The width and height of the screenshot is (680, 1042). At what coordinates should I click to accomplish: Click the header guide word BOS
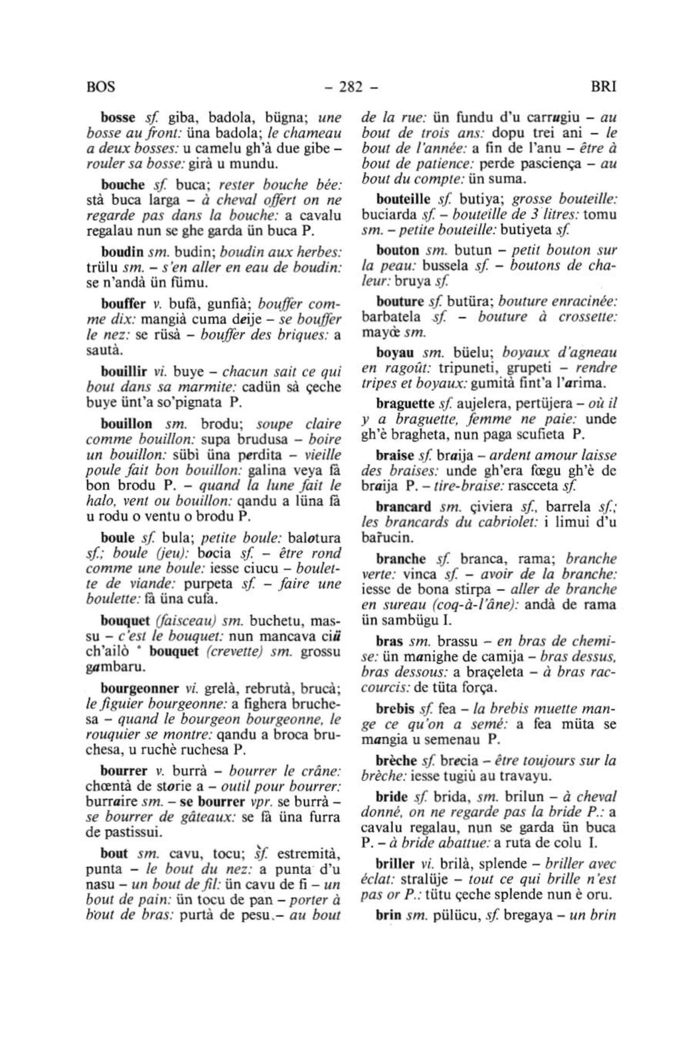[x=100, y=87]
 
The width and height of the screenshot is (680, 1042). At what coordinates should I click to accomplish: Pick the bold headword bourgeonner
[x=139, y=687]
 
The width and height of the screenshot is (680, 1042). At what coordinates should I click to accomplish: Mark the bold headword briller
[x=396, y=864]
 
